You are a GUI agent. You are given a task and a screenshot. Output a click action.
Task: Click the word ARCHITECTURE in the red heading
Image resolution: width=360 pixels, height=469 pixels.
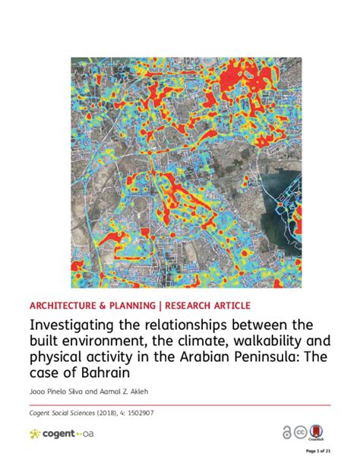point(62,305)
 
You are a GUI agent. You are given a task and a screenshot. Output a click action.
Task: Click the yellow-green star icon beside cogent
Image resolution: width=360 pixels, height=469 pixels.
point(35,433)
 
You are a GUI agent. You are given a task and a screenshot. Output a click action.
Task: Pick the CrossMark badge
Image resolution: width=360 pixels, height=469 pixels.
point(321,432)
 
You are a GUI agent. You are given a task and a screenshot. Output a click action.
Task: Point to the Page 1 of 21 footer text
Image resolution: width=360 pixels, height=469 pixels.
point(317,450)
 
